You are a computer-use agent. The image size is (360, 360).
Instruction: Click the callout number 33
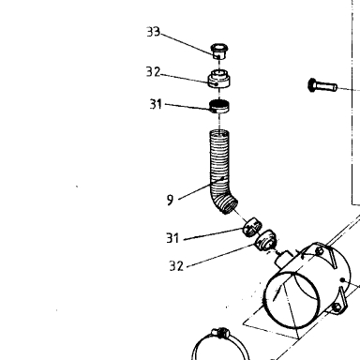click(x=153, y=32)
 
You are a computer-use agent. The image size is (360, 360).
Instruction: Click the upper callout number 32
click(x=153, y=72)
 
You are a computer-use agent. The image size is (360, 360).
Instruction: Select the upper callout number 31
click(x=156, y=104)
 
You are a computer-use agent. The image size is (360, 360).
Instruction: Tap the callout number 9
click(x=170, y=200)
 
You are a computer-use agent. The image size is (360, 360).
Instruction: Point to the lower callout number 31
click(x=172, y=238)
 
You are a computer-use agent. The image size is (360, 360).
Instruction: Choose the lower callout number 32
click(x=176, y=266)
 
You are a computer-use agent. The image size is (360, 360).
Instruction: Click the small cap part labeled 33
click(x=220, y=51)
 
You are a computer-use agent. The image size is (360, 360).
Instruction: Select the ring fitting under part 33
click(x=219, y=80)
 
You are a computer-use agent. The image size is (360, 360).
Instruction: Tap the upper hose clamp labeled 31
click(x=219, y=106)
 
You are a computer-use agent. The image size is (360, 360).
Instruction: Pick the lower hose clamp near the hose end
click(x=252, y=228)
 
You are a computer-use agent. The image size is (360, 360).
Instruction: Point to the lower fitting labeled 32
click(x=265, y=240)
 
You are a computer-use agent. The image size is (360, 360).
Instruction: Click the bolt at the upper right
click(x=322, y=85)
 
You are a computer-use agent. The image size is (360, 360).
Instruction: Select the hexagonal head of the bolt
click(x=311, y=85)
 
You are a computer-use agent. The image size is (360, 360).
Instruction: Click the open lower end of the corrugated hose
click(x=230, y=206)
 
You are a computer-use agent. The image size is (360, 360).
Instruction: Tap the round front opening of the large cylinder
click(x=292, y=300)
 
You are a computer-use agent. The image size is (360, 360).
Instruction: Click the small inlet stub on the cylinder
click(x=283, y=259)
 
